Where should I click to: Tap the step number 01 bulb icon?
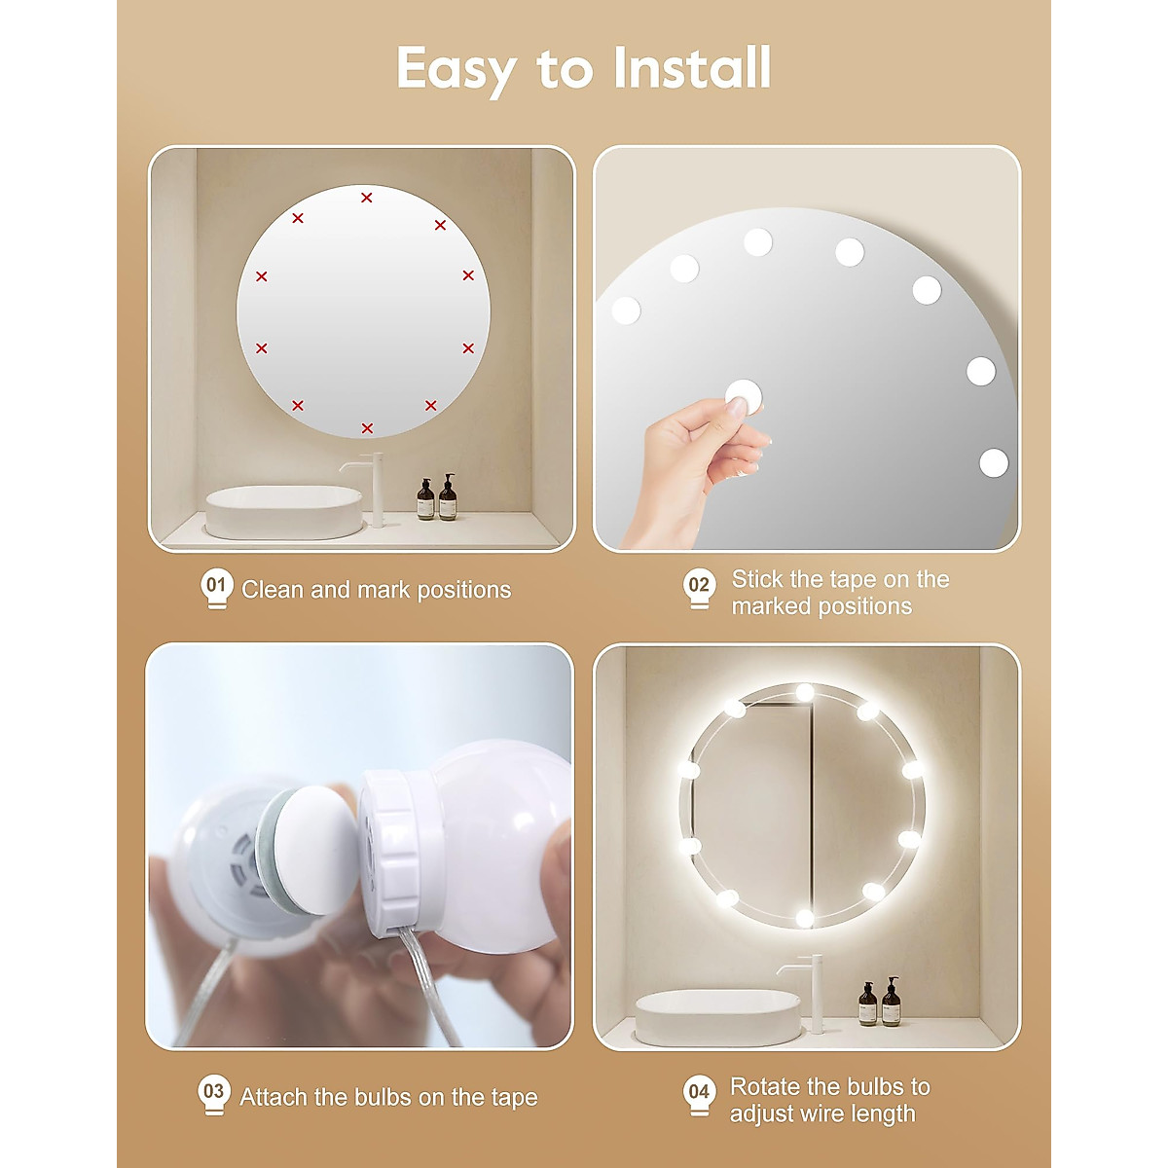click(x=216, y=589)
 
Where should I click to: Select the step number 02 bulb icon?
click(x=699, y=589)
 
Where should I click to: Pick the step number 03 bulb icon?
click(x=213, y=1094)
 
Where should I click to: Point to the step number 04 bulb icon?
click(x=699, y=1094)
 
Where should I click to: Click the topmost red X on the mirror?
click(x=367, y=198)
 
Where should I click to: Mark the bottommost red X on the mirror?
click(x=367, y=428)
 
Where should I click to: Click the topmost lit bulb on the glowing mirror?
click(x=804, y=692)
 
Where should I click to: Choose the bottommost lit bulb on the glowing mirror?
click(x=804, y=918)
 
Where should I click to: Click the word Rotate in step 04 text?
click(x=763, y=1086)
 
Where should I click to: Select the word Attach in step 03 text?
click(x=274, y=1097)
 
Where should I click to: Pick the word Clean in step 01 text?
click(x=272, y=590)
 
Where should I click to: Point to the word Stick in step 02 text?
click(x=756, y=579)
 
